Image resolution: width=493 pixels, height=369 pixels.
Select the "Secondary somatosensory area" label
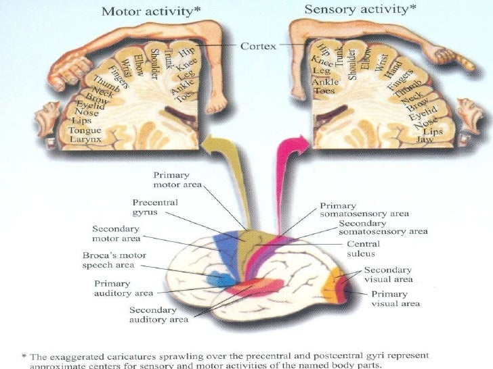pos(383,227)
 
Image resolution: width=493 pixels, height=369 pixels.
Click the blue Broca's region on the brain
pos(218,278)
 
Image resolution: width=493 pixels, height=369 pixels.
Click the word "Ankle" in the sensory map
pos(324,82)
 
